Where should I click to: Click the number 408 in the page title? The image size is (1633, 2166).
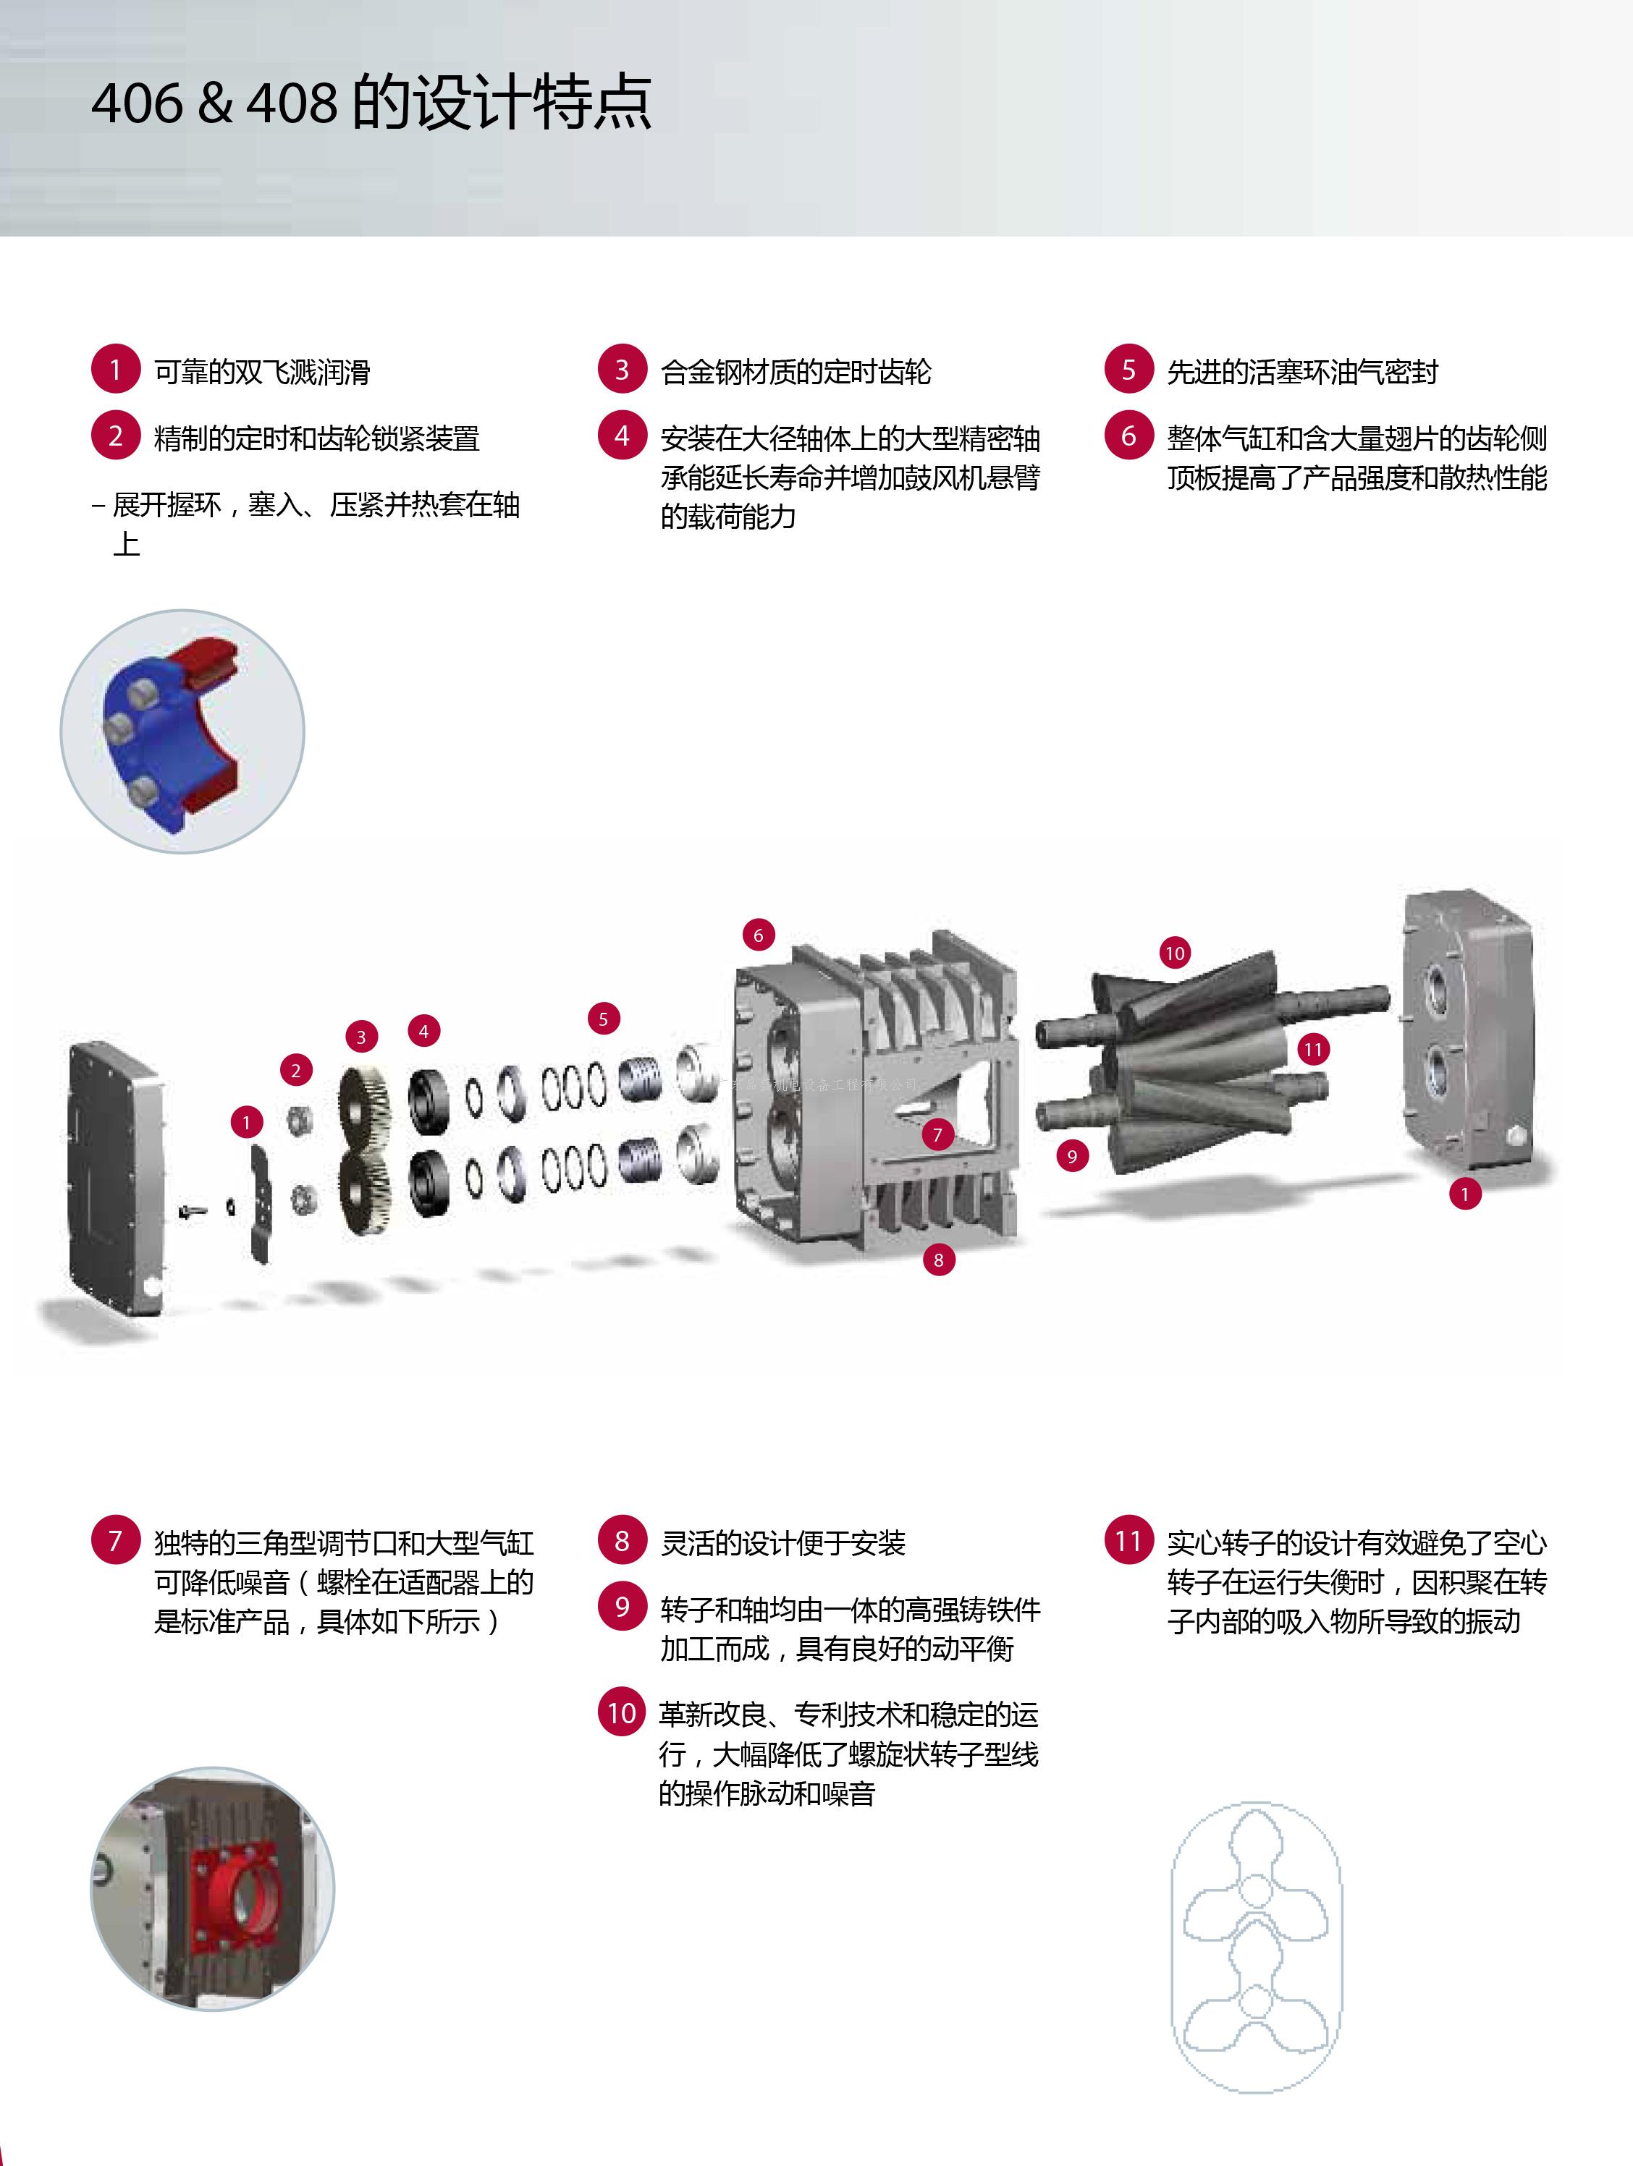point(291,103)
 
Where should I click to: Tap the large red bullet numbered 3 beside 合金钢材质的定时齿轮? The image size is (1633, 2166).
point(622,369)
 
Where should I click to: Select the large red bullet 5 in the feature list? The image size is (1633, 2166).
point(1128,369)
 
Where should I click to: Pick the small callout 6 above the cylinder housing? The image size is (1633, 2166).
point(758,935)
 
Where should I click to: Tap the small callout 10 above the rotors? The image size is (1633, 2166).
point(1175,953)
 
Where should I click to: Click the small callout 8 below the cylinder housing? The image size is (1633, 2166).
point(938,1260)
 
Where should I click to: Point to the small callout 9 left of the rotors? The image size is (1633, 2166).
point(1073,1157)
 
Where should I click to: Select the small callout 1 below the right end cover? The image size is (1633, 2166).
point(1466,1194)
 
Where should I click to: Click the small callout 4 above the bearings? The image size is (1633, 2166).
point(423,1031)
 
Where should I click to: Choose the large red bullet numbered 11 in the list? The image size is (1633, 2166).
point(1128,1540)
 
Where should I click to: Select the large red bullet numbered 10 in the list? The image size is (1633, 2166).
point(622,1712)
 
